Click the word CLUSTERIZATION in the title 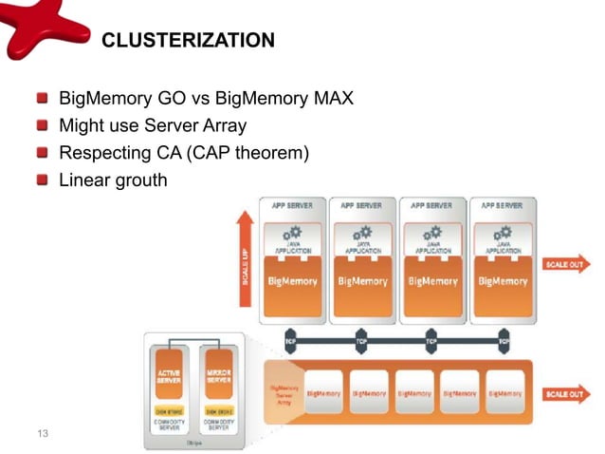(188, 41)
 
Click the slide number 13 (41, 434)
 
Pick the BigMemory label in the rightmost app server (503, 282)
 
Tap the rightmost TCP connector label (504, 339)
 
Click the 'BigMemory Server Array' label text (284, 394)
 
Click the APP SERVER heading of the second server (362, 204)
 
